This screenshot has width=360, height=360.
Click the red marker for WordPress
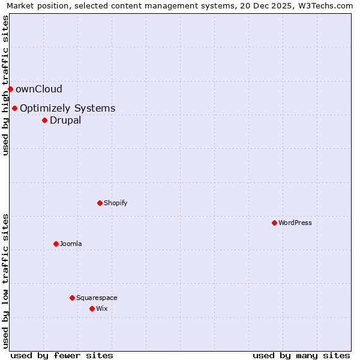274,223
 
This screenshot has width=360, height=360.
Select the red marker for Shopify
100,203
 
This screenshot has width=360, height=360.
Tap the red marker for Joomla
56,244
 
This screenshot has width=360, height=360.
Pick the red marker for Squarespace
72,298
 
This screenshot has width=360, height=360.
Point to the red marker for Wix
92,308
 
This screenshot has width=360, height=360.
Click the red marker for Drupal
44,120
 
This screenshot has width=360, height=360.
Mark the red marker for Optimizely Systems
14,108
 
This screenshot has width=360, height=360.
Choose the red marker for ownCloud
10,89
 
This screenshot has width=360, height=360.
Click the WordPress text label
295,223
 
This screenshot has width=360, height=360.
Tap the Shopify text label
116,203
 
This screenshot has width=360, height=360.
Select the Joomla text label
71,244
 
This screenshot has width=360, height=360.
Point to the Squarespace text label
97,298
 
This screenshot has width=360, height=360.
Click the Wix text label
102,308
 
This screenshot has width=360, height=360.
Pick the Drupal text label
65,120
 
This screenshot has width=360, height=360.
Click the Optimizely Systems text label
67,108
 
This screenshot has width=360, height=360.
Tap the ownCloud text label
39,89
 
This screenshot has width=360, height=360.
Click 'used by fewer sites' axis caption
62,355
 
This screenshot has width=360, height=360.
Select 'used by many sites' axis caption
301,355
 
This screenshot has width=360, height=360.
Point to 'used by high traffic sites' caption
6,85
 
